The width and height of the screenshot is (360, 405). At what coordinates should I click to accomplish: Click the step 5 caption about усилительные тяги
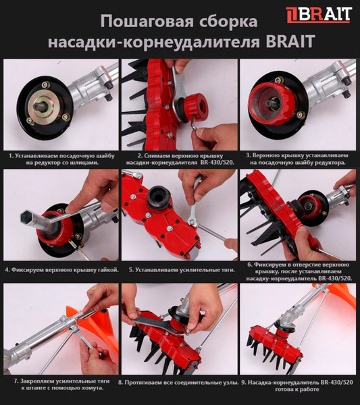pos(180,269)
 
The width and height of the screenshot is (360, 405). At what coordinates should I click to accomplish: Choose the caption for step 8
pos(178,383)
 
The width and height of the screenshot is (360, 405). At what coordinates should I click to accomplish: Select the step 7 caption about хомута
pos(61,386)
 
